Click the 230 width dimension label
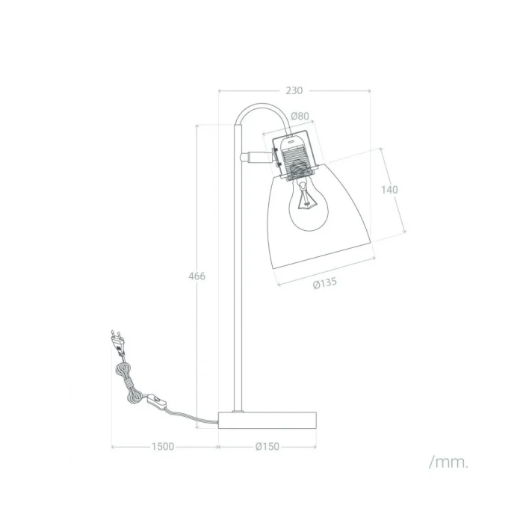coord(294,90)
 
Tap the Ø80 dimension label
coord(300,116)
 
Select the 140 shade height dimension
coord(389,190)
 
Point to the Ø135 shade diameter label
coord(325,284)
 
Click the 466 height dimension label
coord(196,276)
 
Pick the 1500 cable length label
coord(162,447)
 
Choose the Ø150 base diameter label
coord(267,447)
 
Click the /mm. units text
coord(449,462)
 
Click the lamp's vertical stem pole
coord(237,284)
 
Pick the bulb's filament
coord(306,199)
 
